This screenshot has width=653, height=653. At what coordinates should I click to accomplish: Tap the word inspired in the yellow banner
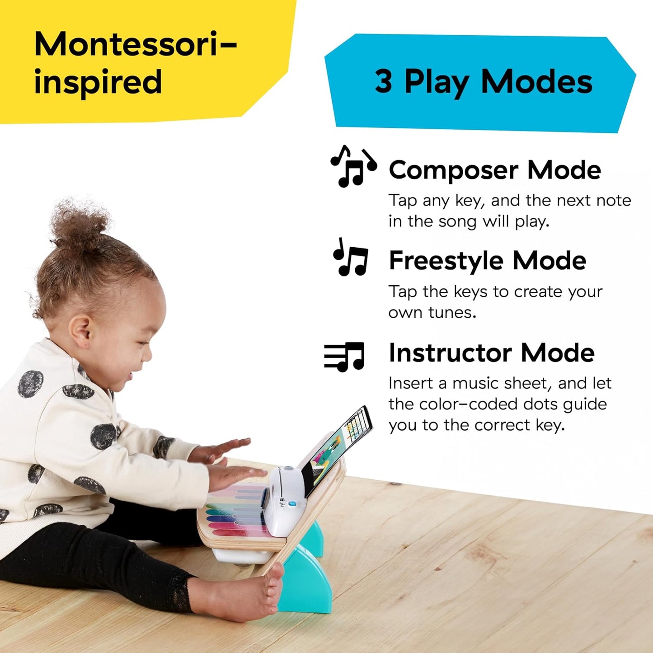98,83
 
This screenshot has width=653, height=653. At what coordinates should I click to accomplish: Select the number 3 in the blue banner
383,82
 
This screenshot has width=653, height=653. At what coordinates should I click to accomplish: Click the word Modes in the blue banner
536,82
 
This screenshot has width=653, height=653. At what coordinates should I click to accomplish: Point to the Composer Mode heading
495,170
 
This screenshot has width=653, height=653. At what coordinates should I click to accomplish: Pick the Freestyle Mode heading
487,261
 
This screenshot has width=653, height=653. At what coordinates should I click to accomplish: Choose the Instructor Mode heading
491,353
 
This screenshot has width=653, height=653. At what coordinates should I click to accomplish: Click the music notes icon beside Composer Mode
353,166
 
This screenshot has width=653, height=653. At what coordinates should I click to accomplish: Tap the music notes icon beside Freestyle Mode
351,258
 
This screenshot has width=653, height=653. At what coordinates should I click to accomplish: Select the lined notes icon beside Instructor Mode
344,356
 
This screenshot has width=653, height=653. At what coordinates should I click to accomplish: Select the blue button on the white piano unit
292,503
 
